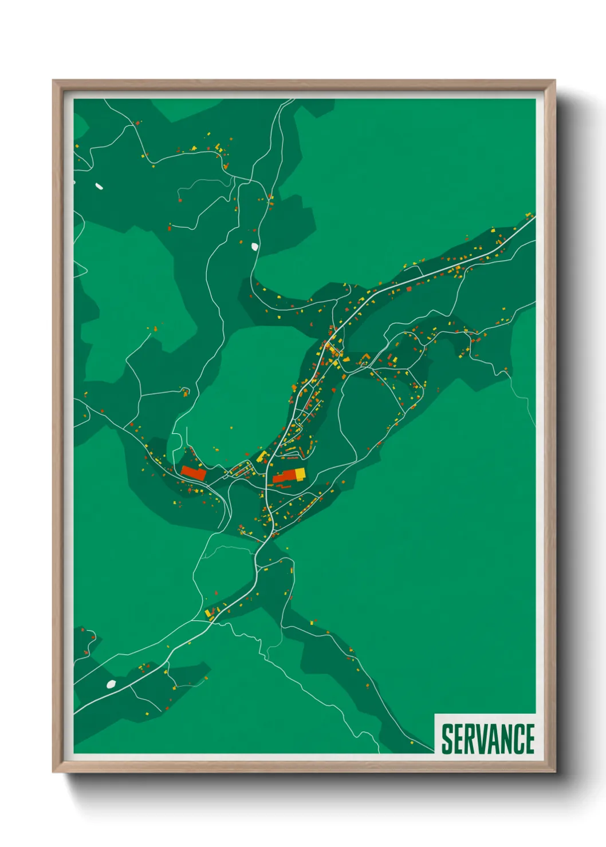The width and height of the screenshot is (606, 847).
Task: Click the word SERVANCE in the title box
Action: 487,739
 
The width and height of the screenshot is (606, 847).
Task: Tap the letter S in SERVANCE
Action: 447,739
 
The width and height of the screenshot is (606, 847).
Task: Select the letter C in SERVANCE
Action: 518,739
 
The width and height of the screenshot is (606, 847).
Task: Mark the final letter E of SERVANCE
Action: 529,739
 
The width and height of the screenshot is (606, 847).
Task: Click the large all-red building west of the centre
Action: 194,473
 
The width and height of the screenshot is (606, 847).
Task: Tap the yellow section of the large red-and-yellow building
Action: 300,473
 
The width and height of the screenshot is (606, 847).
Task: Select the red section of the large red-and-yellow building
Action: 284,477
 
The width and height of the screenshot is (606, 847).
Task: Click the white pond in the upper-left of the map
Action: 99,186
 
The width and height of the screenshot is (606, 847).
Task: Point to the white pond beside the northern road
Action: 254,247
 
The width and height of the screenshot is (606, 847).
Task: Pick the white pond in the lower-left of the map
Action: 111,684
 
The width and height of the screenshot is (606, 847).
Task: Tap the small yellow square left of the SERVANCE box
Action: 412,743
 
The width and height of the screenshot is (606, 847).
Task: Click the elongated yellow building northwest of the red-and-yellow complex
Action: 262,456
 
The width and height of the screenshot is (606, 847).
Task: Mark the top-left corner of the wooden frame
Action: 53,81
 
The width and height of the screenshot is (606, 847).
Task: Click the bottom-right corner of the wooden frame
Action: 554,772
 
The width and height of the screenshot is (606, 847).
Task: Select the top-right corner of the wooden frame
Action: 554,81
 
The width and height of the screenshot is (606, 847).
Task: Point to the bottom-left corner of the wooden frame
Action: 53,772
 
